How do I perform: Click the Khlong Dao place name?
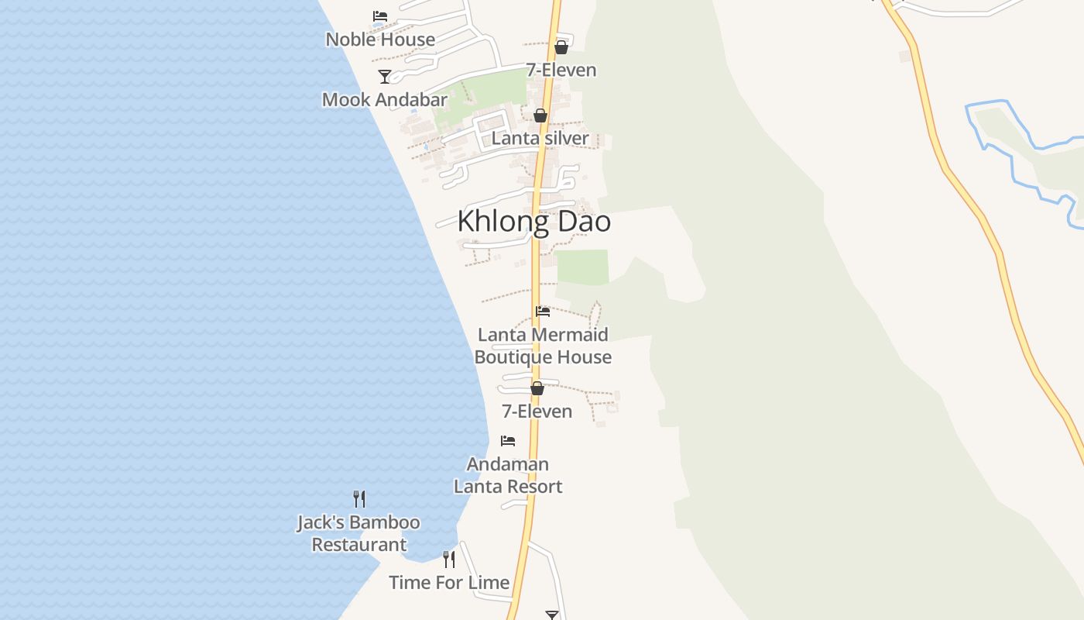533,222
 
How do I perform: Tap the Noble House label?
380,40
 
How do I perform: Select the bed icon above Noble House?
380,15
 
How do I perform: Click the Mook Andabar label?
385,100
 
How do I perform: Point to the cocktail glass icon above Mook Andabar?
385,76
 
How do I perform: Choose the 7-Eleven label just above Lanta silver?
561,70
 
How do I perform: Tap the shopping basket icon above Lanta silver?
540,115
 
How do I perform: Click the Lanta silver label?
540,139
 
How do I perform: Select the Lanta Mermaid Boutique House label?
543,346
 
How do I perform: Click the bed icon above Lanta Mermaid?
543,312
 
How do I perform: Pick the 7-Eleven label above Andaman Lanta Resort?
537,412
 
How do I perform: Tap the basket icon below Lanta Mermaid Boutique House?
537,388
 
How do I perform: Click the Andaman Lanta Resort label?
508,475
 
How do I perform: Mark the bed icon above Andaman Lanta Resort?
508,441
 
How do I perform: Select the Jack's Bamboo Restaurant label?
358,533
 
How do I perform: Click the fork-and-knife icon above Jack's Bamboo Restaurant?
359,499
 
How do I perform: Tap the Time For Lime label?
449,583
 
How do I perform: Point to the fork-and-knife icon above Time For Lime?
449,560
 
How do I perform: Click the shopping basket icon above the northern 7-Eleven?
561,47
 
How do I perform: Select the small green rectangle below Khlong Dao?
583,267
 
